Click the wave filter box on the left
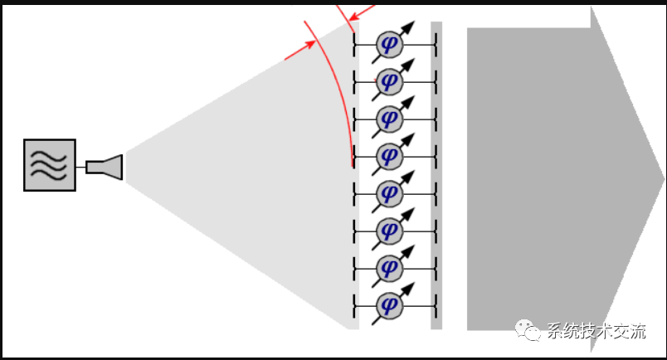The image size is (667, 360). (50, 165)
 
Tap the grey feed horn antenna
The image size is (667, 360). (105, 167)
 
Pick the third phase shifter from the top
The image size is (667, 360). (388, 119)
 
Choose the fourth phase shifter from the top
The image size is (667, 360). (388, 156)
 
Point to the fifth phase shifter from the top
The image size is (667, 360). (388, 192)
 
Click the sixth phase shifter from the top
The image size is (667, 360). (388, 230)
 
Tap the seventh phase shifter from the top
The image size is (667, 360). (388, 267)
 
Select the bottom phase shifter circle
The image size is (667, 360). (388, 304)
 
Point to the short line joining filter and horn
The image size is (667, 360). (80, 167)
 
